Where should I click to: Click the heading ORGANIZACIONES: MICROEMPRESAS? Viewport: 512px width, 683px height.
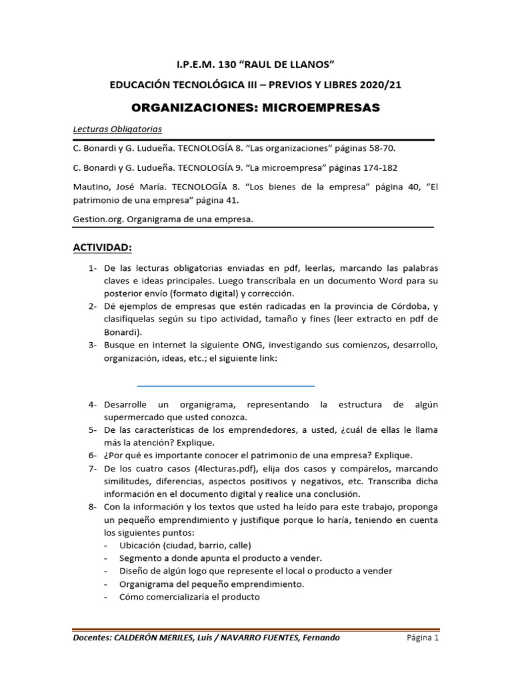point(256,107)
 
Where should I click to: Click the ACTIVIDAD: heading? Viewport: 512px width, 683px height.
point(102,248)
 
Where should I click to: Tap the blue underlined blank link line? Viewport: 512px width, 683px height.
point(225,386)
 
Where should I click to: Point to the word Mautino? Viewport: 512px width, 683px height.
point(91,188)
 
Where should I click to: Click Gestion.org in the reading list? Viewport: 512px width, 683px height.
point(97,219)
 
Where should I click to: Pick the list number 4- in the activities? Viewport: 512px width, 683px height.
point(92,405)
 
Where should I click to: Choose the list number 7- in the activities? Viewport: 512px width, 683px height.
point(92,469)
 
